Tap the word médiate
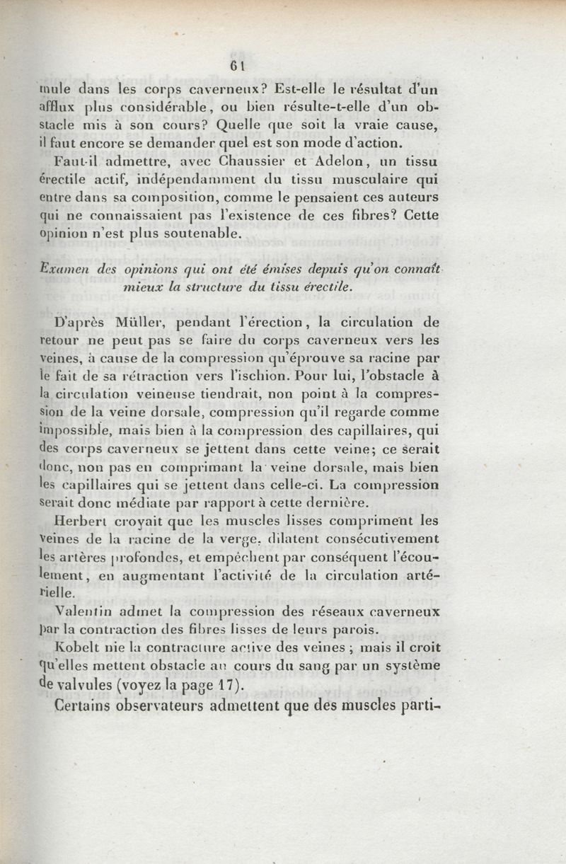pos(139,503)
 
